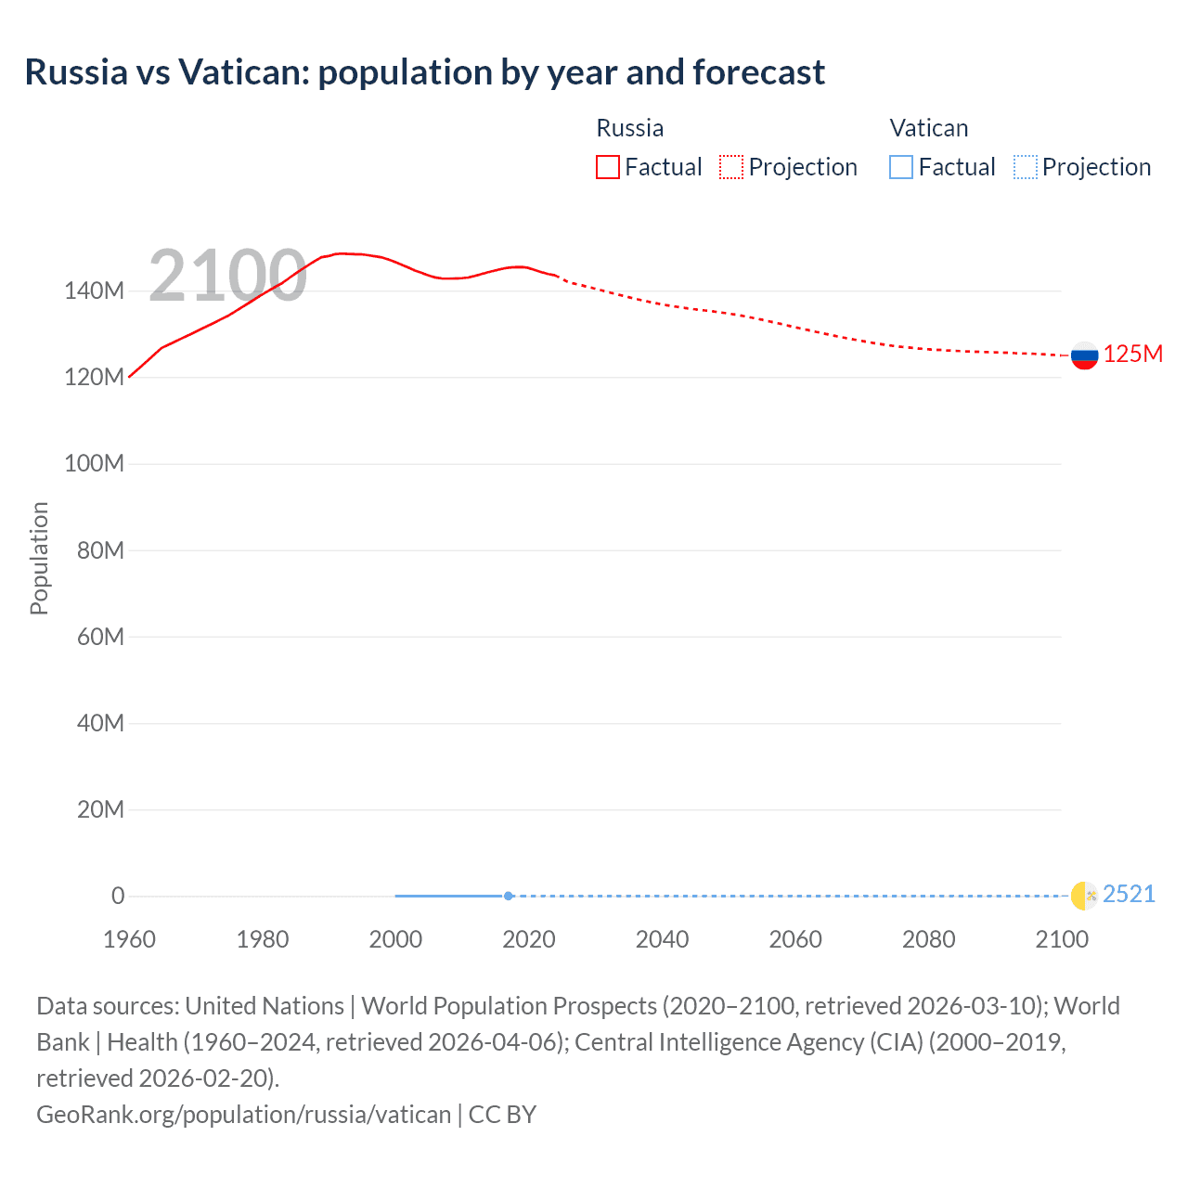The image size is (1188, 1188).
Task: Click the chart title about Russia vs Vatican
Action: coord(424,72)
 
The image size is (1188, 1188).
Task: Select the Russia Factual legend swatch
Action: coord(607,167)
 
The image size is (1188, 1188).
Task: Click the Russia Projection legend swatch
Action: coord(731,167)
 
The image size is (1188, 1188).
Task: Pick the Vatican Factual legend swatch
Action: coord(900,167)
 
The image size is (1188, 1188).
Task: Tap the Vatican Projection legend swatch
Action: coord(1025,167)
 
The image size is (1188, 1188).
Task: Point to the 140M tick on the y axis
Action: coord(94,291)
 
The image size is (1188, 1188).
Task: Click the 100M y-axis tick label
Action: coord(94,464)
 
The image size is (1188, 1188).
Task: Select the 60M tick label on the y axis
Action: coord(99,637)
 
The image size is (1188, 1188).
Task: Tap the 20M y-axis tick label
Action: coord(99,810)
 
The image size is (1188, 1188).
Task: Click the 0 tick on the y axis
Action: coord(118,897)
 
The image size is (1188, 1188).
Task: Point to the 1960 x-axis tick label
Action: coord(129,939)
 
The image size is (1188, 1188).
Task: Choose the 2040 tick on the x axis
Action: coord(662,939)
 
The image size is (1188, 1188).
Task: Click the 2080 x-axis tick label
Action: coord(928,939)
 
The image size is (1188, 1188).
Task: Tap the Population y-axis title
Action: coord(39,558)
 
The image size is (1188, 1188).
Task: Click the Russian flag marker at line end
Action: coord(1084,355)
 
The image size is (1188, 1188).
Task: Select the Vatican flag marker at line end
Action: coord(1084,896)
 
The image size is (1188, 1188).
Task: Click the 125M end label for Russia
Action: coord(1132,355)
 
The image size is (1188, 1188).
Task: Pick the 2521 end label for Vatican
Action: coord(1129,895)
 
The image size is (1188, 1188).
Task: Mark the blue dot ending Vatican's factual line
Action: coord(509,896)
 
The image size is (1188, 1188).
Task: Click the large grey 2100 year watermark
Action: coord(227,276)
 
